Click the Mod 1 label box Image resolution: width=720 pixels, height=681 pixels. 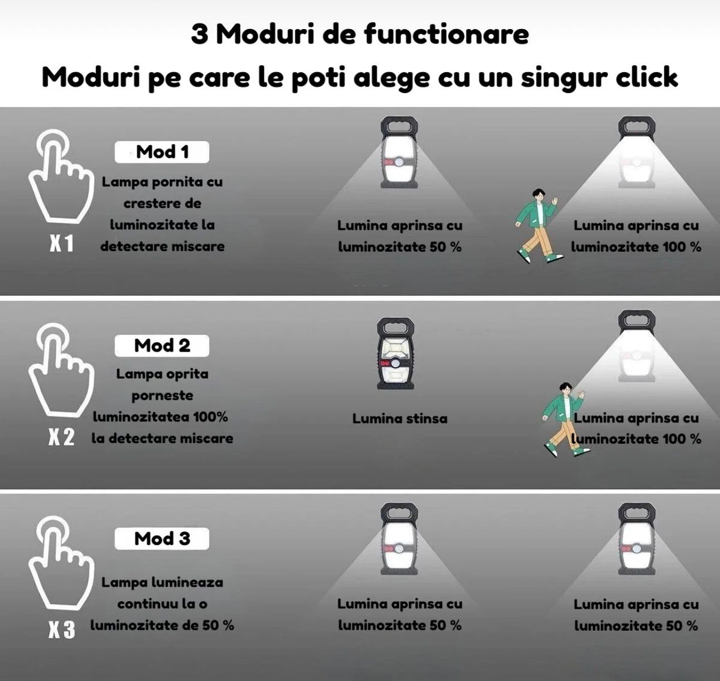(162, 152)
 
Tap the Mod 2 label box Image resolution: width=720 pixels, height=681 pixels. (162, 346)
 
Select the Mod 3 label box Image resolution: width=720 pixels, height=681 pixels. (162, 539)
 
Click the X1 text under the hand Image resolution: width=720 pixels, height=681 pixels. (61, 243)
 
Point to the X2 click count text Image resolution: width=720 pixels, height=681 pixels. (61, 437)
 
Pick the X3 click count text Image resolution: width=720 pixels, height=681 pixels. (61, 630)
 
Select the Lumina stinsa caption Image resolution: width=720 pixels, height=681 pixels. (400, 419)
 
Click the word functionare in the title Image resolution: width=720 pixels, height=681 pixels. (447, 34)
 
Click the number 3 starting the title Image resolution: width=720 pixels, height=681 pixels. (199, 35)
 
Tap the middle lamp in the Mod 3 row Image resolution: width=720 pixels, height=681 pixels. (399, 540)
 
